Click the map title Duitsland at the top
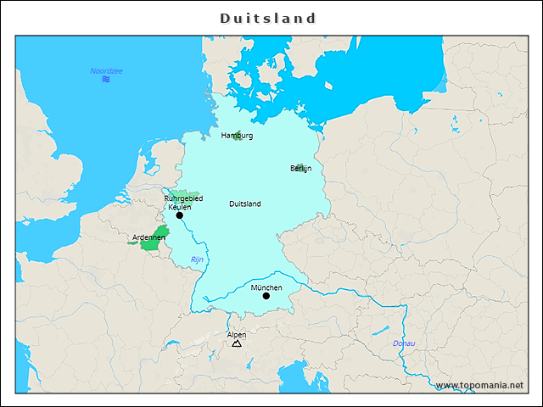(x=268, y=18)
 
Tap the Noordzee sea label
(x=106, y=70)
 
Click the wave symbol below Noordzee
(x=106, y=80)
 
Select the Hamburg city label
(x=237, y=135)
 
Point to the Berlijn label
(x=300, y=169)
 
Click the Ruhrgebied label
(x=183, y=198)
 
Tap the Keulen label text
(x=180, y=207)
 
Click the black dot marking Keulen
(x=179, y=216)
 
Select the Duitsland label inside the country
(x=245, y=203)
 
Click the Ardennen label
(x=148, y=237)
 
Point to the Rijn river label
(x=197, y=259)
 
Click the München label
(x=266, y=287)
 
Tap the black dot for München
(x=266, y=296)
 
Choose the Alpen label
(x=237, y=334)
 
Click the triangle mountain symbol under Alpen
(x=237, y=343)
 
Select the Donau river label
(x=404, y=343)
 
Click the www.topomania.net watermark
(x=480, y=385)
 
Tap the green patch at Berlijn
(x=299, y=166)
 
